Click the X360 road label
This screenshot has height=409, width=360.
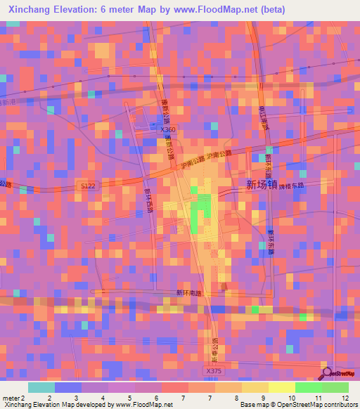pyautogui.click(x=167, y=129)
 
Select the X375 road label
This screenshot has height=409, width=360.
pyautogui.click(x=214, y=371)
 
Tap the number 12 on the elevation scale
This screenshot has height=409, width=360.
pyautogui.click(x=344, y=398)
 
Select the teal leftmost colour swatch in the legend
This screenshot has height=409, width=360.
pyautogui.click(x=41, y=387)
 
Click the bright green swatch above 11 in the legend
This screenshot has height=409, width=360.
pyautogui.click(x=308, y=387)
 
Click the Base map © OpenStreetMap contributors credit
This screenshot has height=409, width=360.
pyautogui.click(x=298, y=405)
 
